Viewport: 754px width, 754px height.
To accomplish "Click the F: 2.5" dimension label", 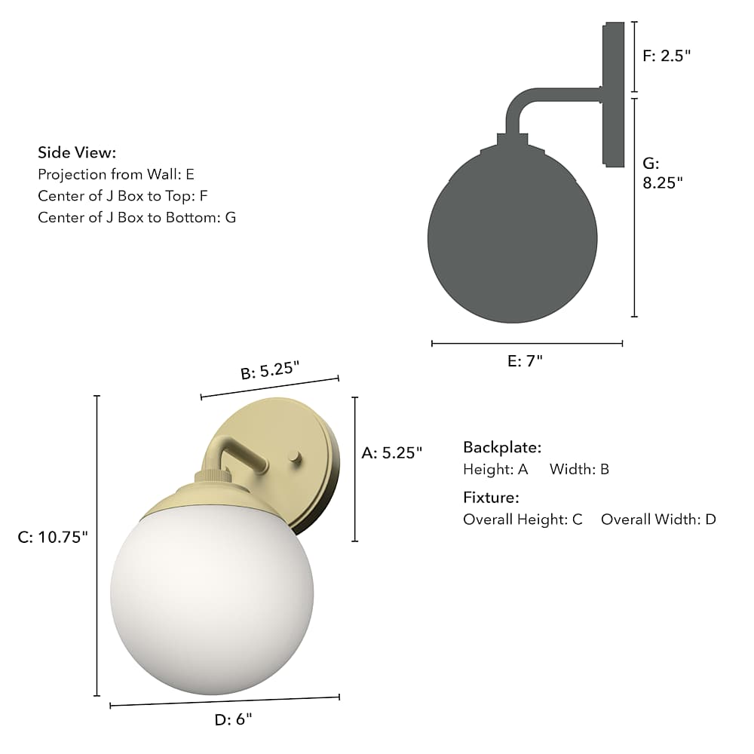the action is pos(667,56).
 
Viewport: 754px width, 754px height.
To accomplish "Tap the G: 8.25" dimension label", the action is pos(663,173).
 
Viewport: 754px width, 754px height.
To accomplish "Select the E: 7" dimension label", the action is pos(525,360).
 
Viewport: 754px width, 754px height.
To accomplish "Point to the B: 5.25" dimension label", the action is pos(270,370).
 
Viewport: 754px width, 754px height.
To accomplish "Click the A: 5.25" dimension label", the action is pos(392,452).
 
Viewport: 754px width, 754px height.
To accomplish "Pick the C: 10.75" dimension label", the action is pos(53,537).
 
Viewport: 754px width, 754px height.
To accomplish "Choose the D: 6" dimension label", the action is pos(233,719).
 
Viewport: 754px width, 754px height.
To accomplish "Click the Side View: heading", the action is pos(77,152).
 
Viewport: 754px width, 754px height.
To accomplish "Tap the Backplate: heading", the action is pos(502,447).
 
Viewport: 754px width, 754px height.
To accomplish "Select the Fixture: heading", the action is pos(491,497).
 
